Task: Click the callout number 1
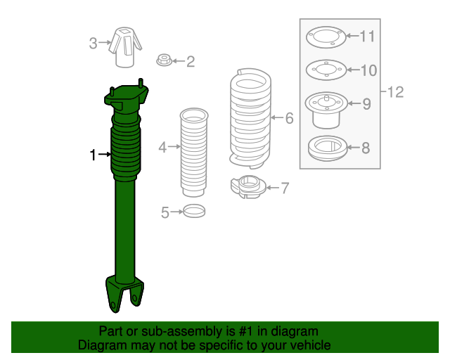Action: (92, 155)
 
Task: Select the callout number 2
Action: (190, 63)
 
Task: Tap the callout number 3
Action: (93, 44)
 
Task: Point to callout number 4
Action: (162, 148)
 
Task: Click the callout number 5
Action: (166, 212)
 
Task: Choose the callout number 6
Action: (289, 118)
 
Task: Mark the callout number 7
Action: (285, 188)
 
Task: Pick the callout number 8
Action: (365, 148)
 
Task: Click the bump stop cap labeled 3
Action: (125, 46)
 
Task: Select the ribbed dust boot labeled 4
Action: (193, 153)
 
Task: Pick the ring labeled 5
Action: (194, 210)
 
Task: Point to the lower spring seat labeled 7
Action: (247, 188)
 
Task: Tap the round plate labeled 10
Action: (324, 70)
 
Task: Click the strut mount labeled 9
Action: (326, 109)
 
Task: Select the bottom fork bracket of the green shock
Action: (124, 293)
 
